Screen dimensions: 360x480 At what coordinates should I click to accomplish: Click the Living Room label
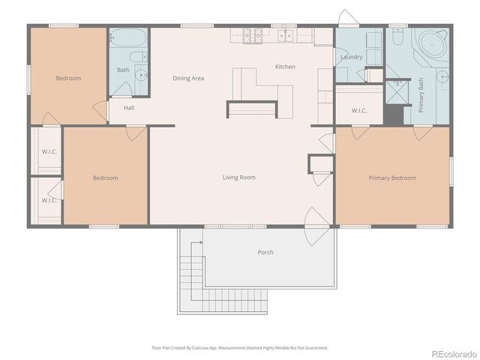click(239, 178)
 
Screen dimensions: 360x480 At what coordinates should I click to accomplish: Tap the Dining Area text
click(188, 78)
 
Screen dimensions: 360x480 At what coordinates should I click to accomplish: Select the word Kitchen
click(285, 67)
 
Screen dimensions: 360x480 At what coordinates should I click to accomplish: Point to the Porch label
click(265, 252)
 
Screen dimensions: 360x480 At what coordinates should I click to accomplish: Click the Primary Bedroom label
click(392, 178)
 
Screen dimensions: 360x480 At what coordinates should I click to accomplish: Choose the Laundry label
click(351, 57)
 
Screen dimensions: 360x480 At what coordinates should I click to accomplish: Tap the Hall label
click(129, 108)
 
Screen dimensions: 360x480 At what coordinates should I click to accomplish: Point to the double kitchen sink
click(285, 34)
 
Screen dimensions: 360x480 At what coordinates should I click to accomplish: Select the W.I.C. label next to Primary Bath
click(359, 111)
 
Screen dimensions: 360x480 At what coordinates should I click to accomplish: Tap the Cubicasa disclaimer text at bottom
click(239, 347)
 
